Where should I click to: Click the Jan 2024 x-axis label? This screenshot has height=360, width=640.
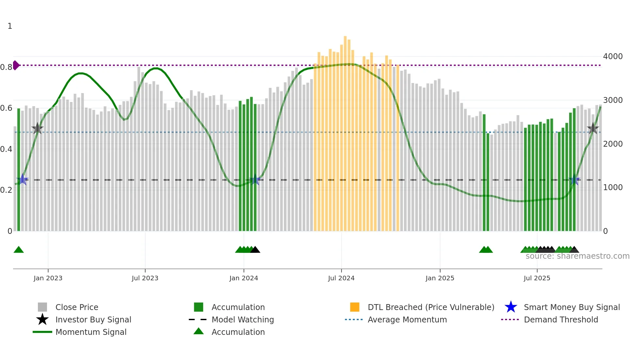click(244, 278)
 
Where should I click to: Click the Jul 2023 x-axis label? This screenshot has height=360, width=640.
click(145, 278)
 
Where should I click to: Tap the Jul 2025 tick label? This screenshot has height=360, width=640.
click(537, 278)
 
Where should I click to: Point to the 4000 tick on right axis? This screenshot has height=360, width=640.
click(613, 57)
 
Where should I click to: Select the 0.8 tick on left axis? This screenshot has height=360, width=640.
click(6, 67)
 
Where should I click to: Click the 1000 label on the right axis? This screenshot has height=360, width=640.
click(613, 188)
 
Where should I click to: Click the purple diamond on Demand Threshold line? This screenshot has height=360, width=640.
click(16, 65)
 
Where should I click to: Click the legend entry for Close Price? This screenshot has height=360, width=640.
click(77, 307)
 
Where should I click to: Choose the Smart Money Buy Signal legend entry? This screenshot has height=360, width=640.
click(571, 307)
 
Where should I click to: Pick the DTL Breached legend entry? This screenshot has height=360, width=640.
click(431, 307)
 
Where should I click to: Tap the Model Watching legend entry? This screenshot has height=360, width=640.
click(242, 320)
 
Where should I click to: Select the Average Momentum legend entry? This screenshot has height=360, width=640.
click(407, 320)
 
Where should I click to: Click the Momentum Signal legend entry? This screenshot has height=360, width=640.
click(91, 332)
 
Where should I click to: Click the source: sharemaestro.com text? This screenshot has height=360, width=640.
click(577, 256)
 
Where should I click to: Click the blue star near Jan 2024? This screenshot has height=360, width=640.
click(255, 180)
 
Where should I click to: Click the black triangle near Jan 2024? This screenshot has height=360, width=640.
click(255, 250)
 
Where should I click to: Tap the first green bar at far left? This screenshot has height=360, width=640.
click(19, 170)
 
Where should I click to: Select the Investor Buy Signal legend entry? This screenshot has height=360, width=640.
click(93, 320)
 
